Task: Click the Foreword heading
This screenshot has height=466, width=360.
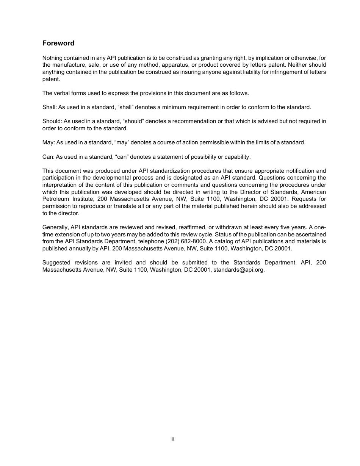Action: [x=58, y=43]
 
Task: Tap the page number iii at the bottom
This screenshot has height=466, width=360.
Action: [x=172, y=439]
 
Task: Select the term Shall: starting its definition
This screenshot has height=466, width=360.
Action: [x=49, y=107]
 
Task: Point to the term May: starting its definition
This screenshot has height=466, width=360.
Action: [x=49, y=142]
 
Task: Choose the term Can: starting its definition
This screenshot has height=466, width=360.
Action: [x=48, y=157]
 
